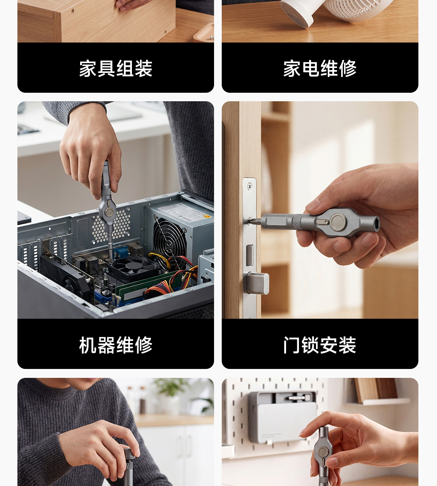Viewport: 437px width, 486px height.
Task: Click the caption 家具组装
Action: (116, 69)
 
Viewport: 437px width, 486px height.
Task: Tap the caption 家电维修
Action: (320, 69)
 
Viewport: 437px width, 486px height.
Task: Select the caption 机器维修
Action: (116, 345)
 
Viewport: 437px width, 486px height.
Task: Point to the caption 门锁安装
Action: (320, 345)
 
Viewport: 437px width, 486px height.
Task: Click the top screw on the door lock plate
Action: (250, 187)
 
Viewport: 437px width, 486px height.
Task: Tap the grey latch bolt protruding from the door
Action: (258, 283)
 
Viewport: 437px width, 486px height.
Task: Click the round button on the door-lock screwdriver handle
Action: (338, 222)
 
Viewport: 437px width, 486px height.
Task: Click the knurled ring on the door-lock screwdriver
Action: (297, 222)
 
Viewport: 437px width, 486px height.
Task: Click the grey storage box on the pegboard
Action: (282, 417)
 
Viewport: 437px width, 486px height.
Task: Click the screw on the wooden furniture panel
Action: (73, 11)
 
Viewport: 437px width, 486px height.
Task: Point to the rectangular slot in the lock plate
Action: (250, 256)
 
